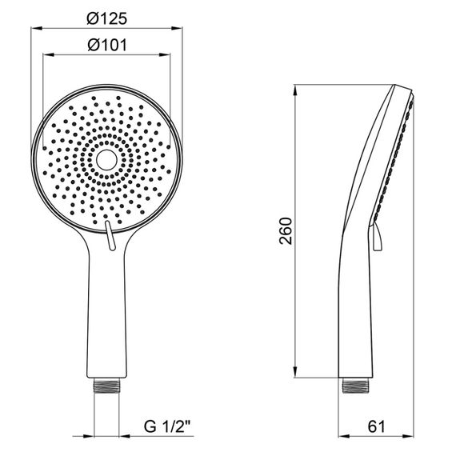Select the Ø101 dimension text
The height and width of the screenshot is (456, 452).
[106, 46]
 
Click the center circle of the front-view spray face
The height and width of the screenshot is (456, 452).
[106, 160]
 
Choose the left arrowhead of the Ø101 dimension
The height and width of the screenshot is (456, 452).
[46, 56]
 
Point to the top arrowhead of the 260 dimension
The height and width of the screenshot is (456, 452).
[297, 88]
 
